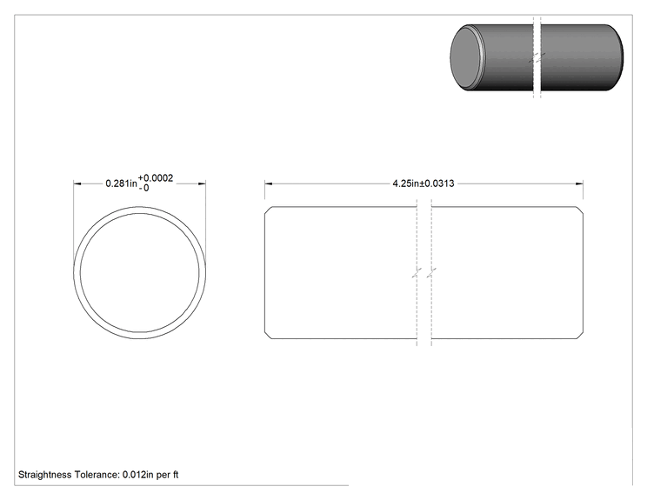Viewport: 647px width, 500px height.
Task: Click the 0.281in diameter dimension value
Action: click(122, 183)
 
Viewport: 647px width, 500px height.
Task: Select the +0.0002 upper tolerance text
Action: click(156, 178)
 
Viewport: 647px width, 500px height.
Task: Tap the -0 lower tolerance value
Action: click(143, 189)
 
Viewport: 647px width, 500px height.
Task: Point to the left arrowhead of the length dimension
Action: click(269, 183)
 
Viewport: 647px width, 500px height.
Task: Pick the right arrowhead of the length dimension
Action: click(579, 183)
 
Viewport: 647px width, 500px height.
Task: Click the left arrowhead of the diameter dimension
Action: click(77, 183)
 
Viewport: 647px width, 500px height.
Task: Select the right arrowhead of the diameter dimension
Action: click(202, 183)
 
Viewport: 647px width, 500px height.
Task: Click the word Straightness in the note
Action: click(45, 475)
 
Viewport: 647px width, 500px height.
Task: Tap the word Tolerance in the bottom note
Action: click(97, 475)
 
